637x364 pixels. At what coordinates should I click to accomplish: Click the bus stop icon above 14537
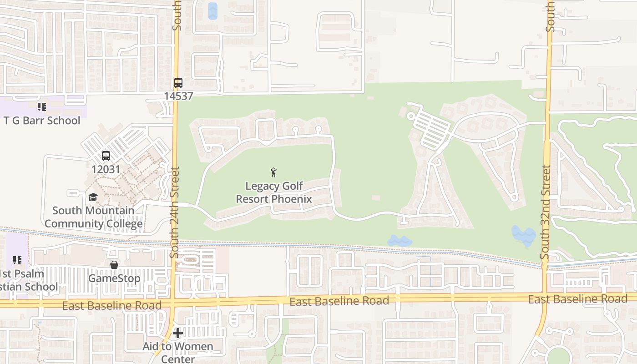(x=178, y=83)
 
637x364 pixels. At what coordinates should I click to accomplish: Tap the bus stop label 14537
(x=178, y=96)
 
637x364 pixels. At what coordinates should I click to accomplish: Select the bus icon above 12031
(x=106, y=156)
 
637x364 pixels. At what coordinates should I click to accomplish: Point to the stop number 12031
(x=106, y=169)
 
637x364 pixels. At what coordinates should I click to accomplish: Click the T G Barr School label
(x=42, y=121)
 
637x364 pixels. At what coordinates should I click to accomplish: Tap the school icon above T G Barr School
(x=42, y=107)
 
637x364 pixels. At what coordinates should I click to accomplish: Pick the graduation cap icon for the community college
(x=93, y=197)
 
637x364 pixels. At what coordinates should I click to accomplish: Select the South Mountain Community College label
(x=93, y=217)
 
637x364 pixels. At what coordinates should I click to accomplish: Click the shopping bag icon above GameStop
(x=114, y=265)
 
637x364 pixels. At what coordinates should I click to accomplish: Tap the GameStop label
(x=114, y=278)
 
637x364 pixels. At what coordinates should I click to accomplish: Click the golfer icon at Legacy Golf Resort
(x=273, y=172)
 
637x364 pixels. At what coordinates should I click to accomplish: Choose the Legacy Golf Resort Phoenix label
(x=274, y=192)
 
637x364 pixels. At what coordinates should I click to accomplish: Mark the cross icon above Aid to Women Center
(x=178, y=333)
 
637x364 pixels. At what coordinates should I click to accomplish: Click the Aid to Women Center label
(x=178, y=353)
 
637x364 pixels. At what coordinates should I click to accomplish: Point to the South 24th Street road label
(x=175, y=212)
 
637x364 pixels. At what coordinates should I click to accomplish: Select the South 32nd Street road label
(x=546, y=212)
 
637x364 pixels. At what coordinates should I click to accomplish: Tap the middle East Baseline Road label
(x=339, y=301)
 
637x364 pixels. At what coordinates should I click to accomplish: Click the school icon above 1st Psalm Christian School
(x=17, y=260)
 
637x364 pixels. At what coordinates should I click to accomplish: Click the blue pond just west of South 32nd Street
(x=524, y=235)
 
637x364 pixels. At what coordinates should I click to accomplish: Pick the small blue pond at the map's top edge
(x=212, y=11)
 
